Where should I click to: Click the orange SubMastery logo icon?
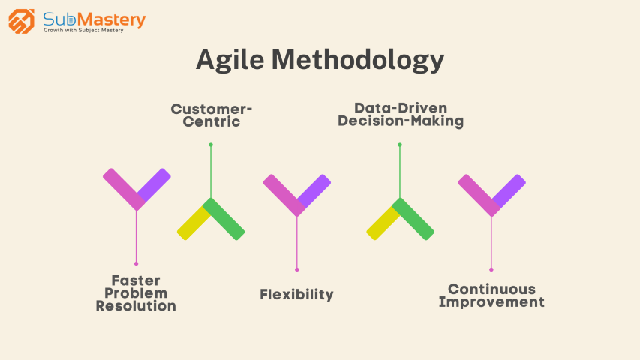click(x=21, y=21)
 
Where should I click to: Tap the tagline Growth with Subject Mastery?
click(x=83, y=30)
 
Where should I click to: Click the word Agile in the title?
click(x=230, y=60)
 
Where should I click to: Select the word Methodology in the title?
click(x=358, y=60)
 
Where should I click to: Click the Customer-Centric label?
click(x=212, y=115)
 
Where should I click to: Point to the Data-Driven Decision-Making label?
click(x=401, y=114)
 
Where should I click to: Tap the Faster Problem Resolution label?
click(x=136, y=292)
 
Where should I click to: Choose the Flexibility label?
click(x=296, y=294)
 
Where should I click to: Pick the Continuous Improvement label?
click(x=491, y=295)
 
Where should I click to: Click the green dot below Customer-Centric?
click(x=211, y=145)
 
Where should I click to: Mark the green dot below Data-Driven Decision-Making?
click(x=400, y=145)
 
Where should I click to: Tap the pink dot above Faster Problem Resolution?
click(x=137, y=264)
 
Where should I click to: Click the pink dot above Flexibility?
click(x=296, y=269)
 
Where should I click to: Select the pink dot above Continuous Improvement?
click(x=491, y=269)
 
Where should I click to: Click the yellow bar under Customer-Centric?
click(x=193, y=223)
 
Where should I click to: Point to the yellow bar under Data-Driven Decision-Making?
click(x=382, y=223)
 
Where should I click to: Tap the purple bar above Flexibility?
click(x=314, y=190)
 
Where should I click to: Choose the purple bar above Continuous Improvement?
click(x=509, y=190)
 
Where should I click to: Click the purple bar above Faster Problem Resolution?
click(x=155, y=184)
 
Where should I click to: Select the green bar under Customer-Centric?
click(x=224, y=219)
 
